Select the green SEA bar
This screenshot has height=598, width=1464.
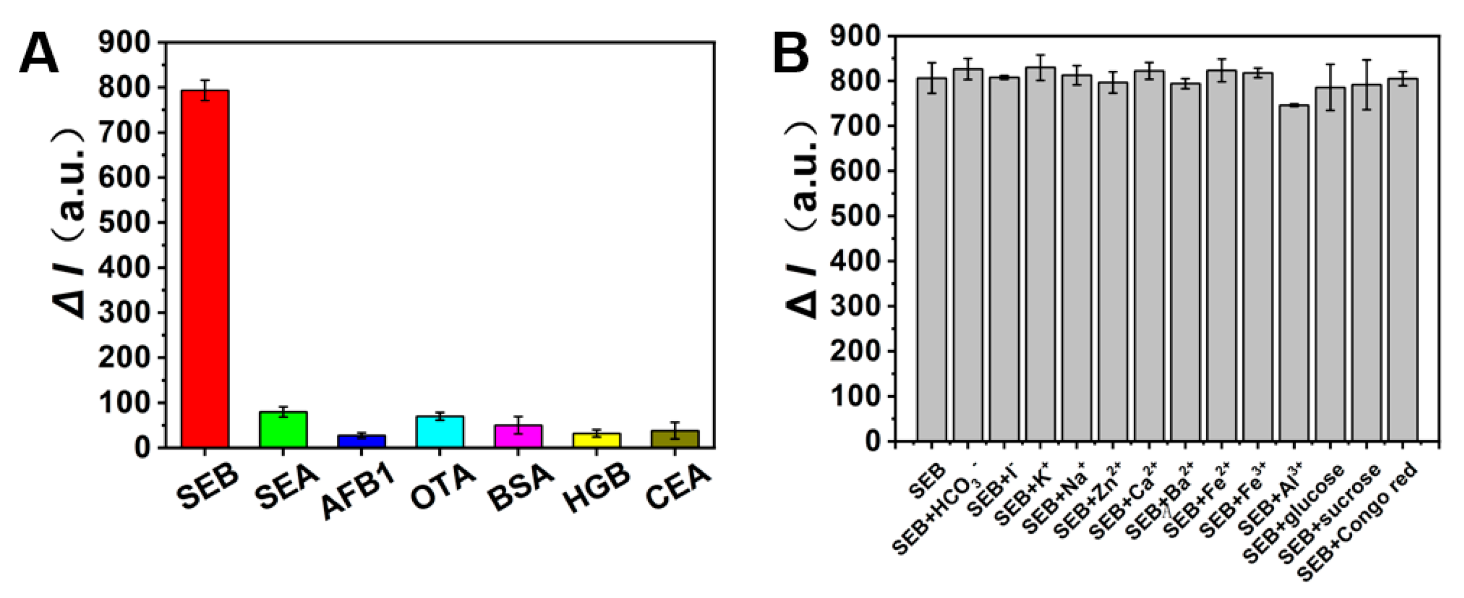[283, 429]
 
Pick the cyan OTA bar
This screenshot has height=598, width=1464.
[440, 431]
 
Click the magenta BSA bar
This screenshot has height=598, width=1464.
[518, 436]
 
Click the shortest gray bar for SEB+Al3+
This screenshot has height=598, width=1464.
[1294, 273]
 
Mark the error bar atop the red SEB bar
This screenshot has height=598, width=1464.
[205, 90]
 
